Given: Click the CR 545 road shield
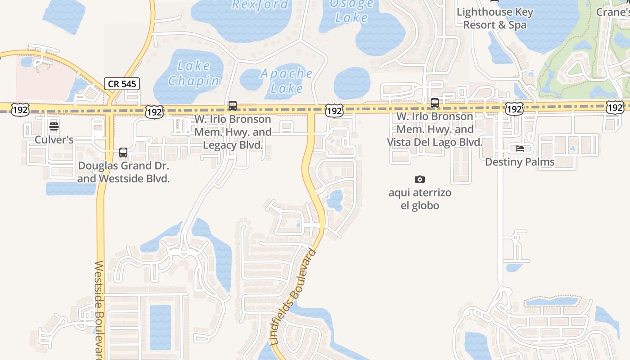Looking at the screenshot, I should [121, 84].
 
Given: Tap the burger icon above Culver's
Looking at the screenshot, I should [54, 126].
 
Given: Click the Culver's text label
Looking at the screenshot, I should [54, 140].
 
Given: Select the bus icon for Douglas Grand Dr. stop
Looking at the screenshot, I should [123, 153].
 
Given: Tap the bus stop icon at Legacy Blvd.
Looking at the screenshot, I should [233, 106].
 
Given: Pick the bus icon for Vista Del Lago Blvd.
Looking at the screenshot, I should [435, 103].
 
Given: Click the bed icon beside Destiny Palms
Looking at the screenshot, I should [520, 148].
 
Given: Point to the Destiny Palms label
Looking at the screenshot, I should [520, 162].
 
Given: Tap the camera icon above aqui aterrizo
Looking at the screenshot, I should [419, 180].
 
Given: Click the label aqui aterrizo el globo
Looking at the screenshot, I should [420, 199].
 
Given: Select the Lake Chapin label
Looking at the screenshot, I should [194, 73].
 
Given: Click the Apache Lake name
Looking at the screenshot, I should [287, 81].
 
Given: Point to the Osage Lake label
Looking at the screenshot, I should [351, 11].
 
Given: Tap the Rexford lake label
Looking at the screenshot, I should [260, 5].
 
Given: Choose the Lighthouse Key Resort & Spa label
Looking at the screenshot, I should [495, 18].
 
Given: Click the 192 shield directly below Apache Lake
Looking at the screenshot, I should [334, 110].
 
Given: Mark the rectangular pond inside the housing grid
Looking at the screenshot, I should [160, 327].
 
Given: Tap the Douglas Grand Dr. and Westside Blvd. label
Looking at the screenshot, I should [123, 172].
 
